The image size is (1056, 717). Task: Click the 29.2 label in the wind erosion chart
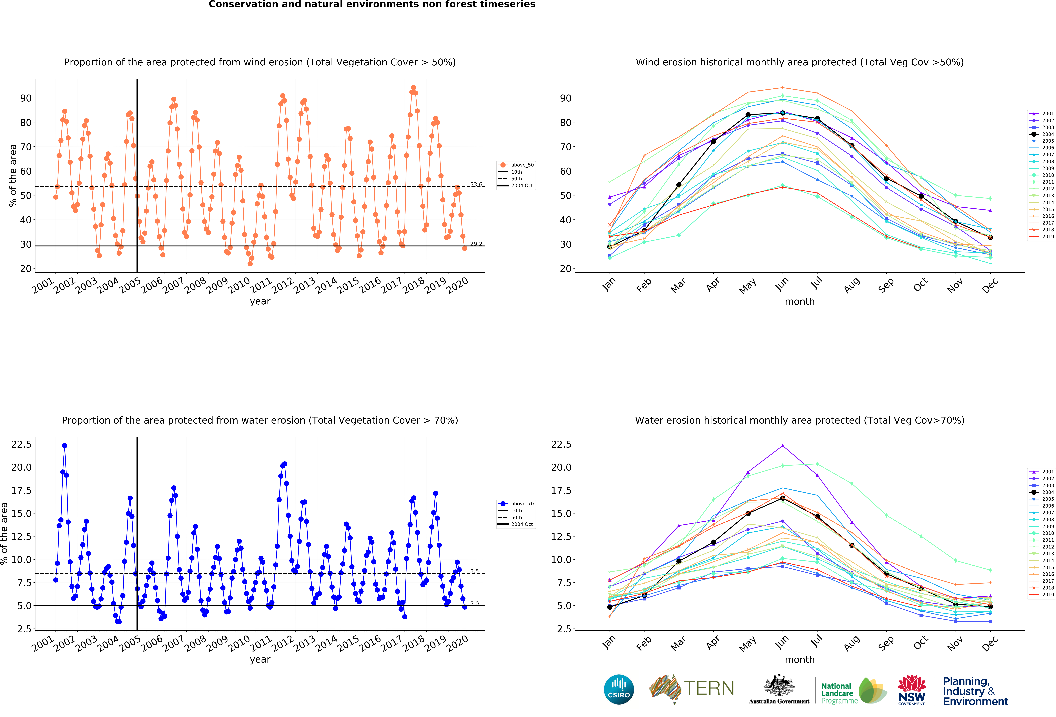[x=476, y=244]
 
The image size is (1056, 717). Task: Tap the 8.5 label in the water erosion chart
[x=474, y=571]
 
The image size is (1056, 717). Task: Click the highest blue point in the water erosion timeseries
[x=64, y=446]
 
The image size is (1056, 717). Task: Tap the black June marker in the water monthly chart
[x=782, y=498]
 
